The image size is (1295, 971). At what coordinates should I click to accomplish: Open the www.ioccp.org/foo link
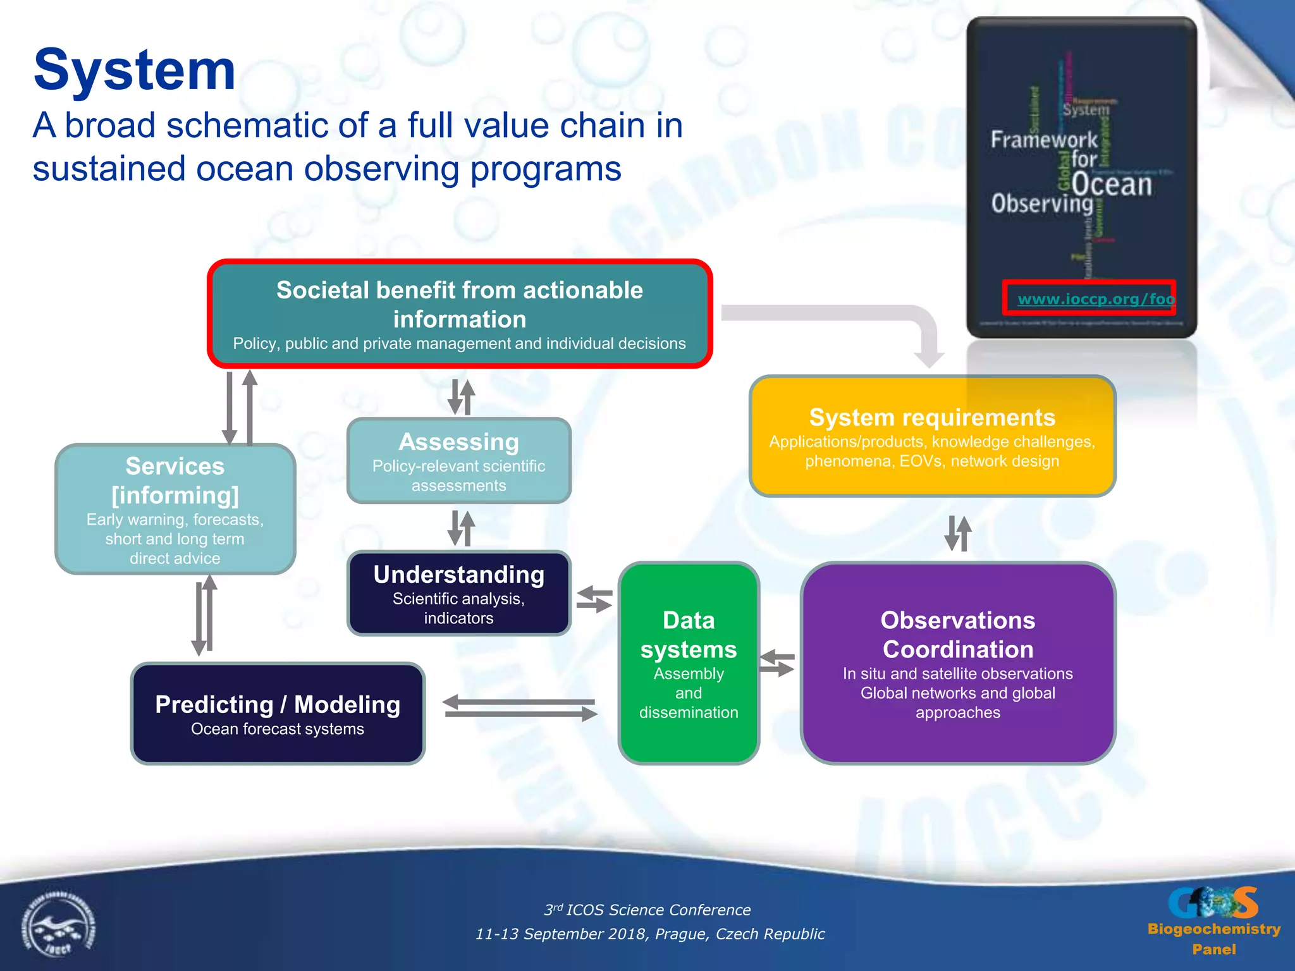1095,299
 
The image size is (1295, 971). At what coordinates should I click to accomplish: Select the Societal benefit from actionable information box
460,314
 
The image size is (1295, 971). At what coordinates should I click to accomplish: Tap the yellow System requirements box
932,436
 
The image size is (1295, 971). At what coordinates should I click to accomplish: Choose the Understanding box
458,593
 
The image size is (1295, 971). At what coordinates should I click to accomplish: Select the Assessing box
458,461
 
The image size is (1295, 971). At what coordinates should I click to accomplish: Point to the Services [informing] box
175,509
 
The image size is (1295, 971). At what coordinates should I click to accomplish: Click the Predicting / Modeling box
278,714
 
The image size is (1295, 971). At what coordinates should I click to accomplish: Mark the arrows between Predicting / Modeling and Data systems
520,708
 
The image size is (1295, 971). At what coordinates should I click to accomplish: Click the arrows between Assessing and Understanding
461,528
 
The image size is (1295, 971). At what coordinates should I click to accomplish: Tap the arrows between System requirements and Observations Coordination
957,533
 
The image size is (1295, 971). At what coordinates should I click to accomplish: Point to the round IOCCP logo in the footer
58,926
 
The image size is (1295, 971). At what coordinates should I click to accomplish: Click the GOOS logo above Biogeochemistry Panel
1213,902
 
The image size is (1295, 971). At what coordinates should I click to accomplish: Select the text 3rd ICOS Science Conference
647,910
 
